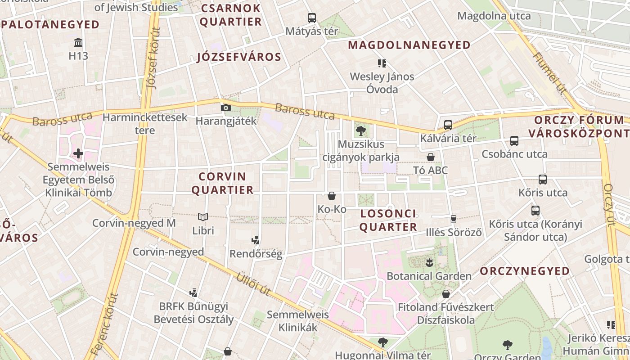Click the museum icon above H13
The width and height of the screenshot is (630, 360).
(x=78, y=43)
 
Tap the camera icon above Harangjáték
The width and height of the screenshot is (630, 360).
(x=225, y=108)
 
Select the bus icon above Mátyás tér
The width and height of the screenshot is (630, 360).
(x=312, y=18)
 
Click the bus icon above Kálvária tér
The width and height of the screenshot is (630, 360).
(x=448, y=125)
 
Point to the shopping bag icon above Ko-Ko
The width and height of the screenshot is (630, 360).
(x=332, y=196)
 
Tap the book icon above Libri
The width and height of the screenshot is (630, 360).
(x=203, y=217)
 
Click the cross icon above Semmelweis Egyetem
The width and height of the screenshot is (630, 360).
(x=78, y=153)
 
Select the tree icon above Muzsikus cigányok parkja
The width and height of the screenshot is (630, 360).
(x=360, y=131)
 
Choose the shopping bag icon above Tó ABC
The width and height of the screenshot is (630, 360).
(x=431, y=157)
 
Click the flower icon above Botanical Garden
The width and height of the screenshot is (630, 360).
(x=429, y=262)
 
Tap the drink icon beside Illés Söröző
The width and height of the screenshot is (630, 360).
(x=453, y=219)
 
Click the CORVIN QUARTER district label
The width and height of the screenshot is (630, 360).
(x=222, y=183)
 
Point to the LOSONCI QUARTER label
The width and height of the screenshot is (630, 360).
(x=388, y=220)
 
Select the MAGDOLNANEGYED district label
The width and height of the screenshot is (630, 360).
(x=409, y=45)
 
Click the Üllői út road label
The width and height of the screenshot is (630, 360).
(x=253, y=284)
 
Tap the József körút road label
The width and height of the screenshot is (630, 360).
(x=153, y=58)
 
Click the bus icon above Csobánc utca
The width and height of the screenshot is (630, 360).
(x=514, y=141)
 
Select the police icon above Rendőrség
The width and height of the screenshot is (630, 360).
(x=256, y=240)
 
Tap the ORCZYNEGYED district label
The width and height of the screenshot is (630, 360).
(x=525, y=271)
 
